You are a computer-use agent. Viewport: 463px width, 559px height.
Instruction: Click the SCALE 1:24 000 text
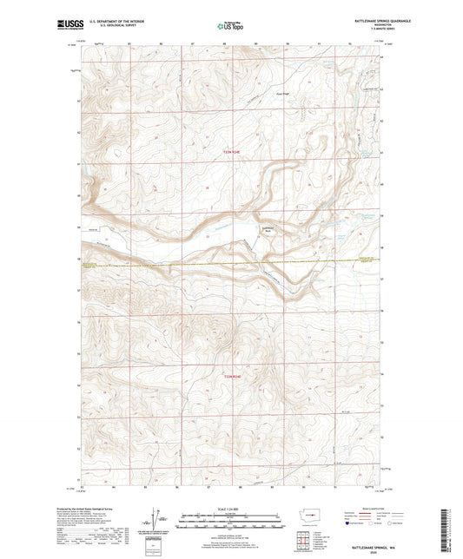point(231,508)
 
